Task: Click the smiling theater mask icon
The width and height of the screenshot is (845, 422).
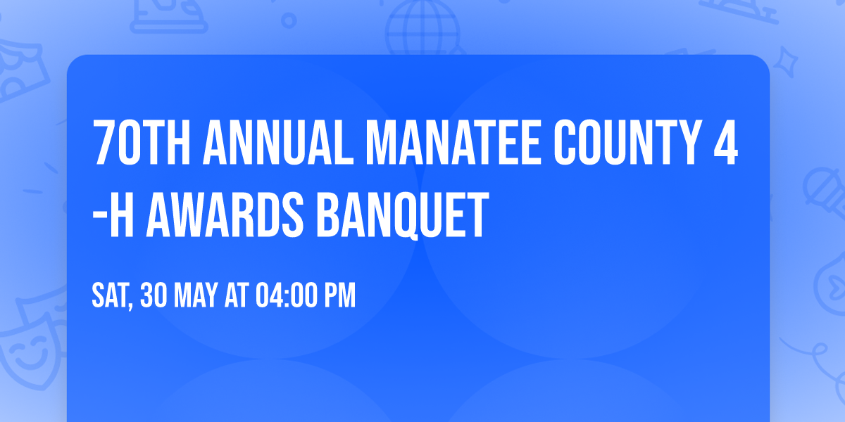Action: (28, 352)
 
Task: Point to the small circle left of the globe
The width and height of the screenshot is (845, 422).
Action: (288, 20)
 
